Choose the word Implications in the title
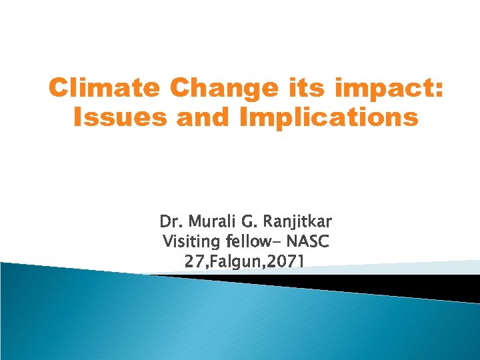tap(323, 119)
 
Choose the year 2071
tap(285, 262)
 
